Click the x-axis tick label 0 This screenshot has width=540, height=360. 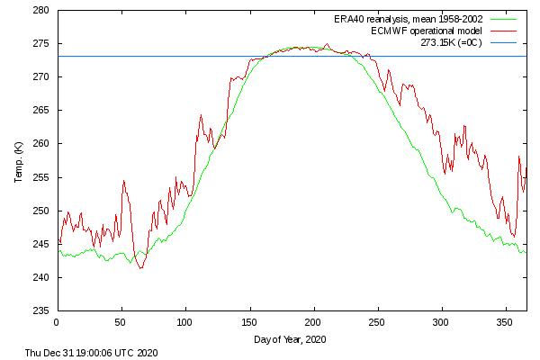point(57,321)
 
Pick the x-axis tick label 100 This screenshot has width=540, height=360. point(185,321)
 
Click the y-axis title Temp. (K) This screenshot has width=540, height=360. point(18,161)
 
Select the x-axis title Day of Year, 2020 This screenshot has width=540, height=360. point(291,339)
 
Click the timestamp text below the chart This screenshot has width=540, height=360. point(93,354)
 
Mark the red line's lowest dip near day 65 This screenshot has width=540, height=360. point(140,268)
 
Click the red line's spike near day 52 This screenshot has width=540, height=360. point(124,181)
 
